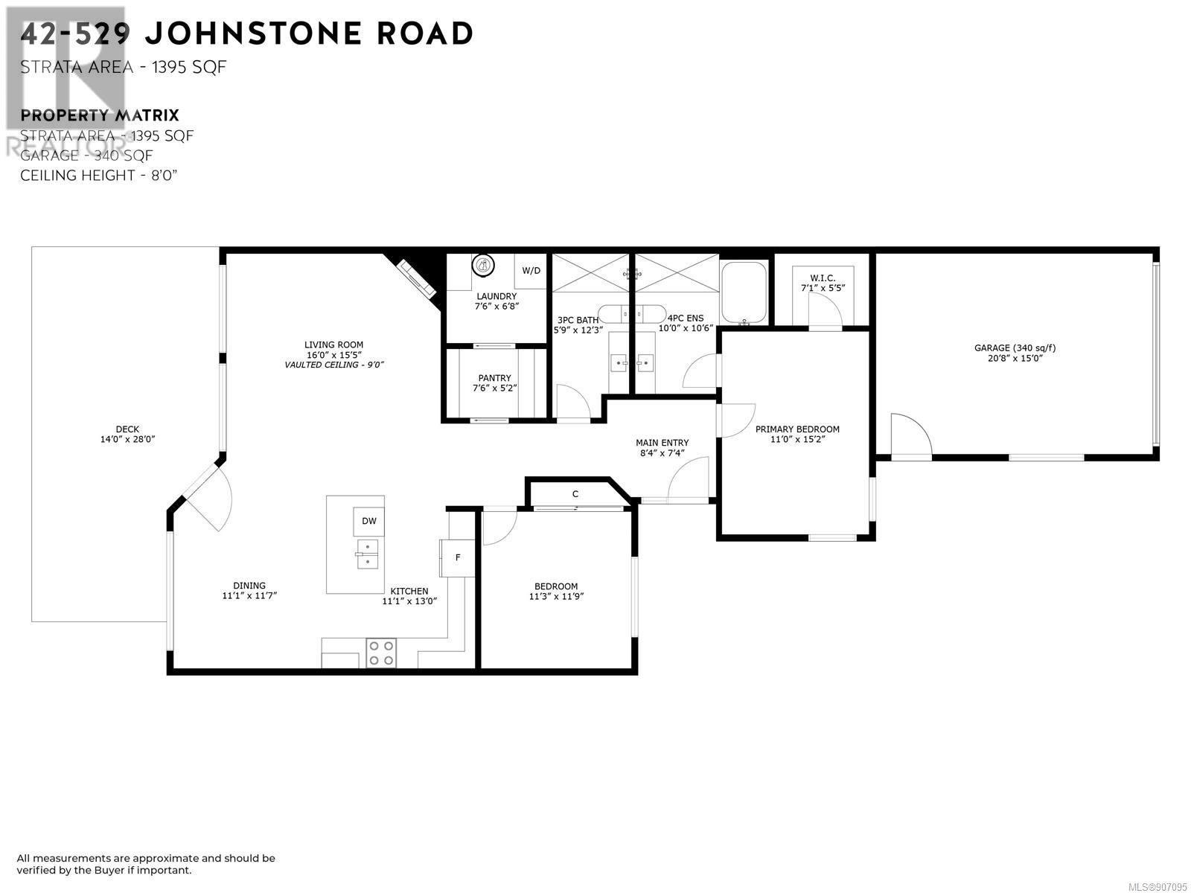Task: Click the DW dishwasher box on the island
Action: pyautogui.click(x=368, y=521)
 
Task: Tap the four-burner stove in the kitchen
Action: pyautogui.click(x=380, y=653)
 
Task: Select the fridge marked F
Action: pyautogui.click(x=457, y=558)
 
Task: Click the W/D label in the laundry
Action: pyautogui.click(x=531, y=271)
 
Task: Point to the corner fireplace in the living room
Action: pyautogui.click(x=418, y=279)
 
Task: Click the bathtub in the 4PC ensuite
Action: pyautogui.click(x=744, y=292)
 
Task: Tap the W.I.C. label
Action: pyautogui.click(x=823, y=278)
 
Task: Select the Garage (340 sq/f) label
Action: pyautogui.click(x=1015, y=348)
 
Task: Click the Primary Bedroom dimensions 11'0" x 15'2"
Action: pyautogui.click(x=797, y=439)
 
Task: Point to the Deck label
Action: pyautogui.click(x=127, y=429)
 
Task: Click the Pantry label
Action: pyautogui.click(x=494, y=378)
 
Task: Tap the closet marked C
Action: pyautogui.click(x=575, y=494)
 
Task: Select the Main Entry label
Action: pyautogui.click(x=662, y=443)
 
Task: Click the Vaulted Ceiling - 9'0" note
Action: pyautogui.click(x=333, y=365)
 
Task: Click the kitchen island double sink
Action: pyautogui.click(x=367, y=554)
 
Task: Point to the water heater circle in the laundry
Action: pyautogui.click(x=482, y=266)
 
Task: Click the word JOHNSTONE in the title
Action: pyautogui.click(x=253, y=33)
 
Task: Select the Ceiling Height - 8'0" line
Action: pyautogui.click(x=99, y=176)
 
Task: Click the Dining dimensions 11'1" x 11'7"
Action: pyautogui.click(x=249, y=595)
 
